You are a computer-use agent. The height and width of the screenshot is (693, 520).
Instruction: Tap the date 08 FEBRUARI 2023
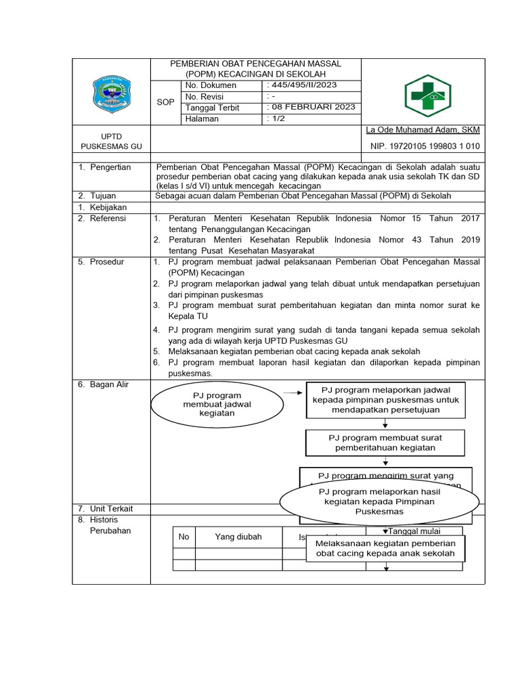[311, 108]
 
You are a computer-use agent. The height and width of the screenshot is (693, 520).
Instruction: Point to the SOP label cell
[166, 102]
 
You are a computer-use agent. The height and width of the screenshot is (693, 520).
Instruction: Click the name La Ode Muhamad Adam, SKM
[422, 130]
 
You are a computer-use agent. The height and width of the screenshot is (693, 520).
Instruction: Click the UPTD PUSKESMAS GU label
[111, 141]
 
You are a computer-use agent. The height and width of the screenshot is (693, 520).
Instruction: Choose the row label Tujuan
[104, 196]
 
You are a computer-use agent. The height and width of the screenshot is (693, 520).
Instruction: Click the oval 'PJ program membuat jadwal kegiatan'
[212, 404]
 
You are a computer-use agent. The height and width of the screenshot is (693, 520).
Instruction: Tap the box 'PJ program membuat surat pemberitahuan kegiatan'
[385, 443]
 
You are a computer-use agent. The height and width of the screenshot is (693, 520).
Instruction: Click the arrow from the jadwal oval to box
[293, 392]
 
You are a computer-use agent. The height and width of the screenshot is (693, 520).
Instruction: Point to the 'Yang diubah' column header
[238, 537]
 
